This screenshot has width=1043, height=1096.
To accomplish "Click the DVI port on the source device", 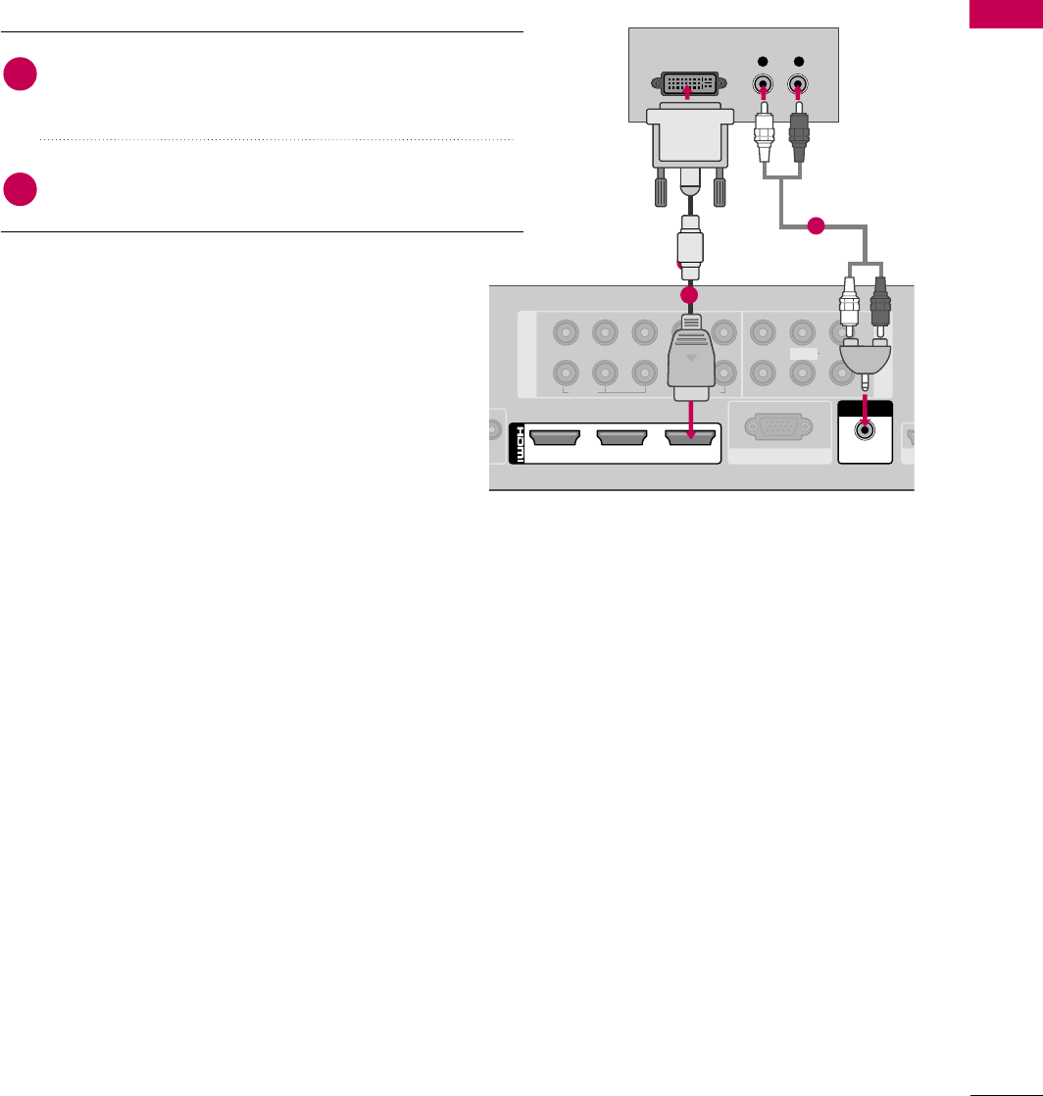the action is coord(688,82).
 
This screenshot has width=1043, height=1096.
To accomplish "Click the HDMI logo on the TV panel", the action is coord(517,443).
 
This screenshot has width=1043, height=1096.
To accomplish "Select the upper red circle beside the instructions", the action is coord(20,75).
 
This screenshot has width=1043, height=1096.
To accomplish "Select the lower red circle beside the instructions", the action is coord(20,189).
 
